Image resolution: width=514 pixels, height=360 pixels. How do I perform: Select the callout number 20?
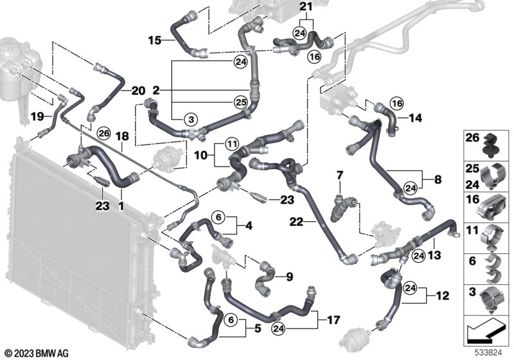click(x=139, y=91)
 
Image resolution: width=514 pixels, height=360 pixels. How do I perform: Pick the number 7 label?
click(x=341, y=175)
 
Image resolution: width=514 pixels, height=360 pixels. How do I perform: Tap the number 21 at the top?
click(x=305, y=7)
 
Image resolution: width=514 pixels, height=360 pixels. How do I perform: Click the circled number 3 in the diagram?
click(x=191, y=119)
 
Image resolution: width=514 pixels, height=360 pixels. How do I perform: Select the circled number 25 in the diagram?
click(x=240, y=102)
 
